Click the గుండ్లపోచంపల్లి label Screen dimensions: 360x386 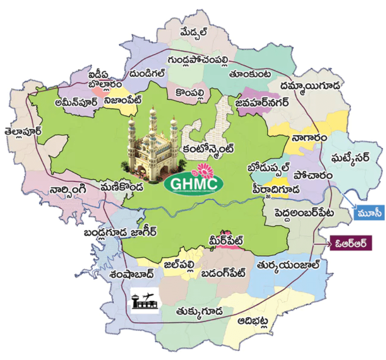[198, 60]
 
